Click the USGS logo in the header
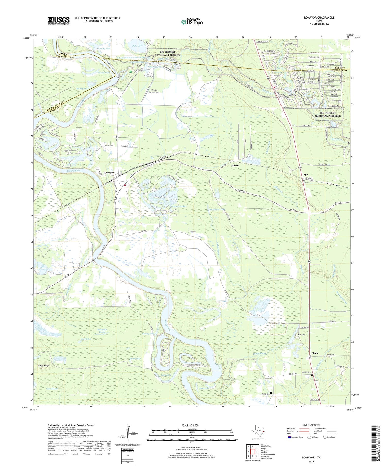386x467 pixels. (59, 21)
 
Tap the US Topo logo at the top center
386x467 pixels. (192, 22)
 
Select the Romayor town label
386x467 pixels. (109, 173)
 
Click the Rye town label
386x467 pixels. (305, 175)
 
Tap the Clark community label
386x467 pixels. (314, 353)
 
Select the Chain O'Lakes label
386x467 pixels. (179, 206)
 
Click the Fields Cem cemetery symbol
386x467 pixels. (271, 393)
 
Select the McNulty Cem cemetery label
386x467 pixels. (306, 372)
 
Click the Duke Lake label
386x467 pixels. (137, 46)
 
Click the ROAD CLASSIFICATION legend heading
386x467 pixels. (311, 425)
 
